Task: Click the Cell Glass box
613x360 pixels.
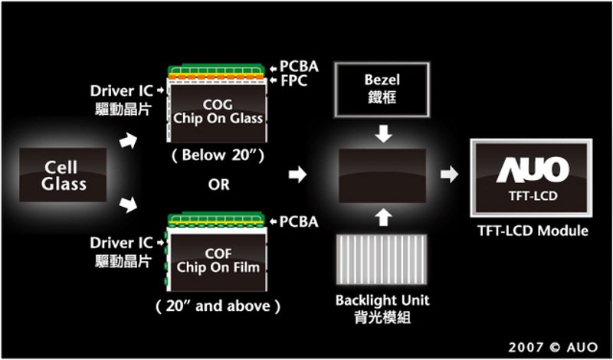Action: pos(63,175)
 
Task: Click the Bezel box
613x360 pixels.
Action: pos(382,90)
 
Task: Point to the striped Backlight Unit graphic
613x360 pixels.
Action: pos(382,259)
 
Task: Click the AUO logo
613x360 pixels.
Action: pos(533,170)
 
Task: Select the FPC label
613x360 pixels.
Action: pos(294,81)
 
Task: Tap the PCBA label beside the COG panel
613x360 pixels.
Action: pos(299,67)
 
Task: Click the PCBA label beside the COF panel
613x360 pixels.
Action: pos(299,222)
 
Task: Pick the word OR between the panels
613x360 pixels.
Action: pos(219,185)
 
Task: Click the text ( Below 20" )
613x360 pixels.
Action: pos(218,155)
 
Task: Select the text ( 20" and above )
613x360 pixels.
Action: pos(218,306)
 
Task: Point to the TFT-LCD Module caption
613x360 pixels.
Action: pos(533,231)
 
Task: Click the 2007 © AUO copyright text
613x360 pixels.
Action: pos(552,347)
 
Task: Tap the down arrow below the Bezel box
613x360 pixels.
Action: pos(383,135)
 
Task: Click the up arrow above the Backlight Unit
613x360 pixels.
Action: pos(383,218)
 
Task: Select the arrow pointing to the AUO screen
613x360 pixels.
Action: pos(450,175)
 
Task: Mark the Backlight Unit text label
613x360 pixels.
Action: pos(382,300)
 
